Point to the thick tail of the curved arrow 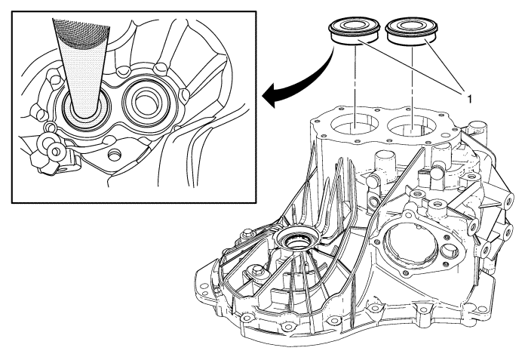[x=332, y=57]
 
